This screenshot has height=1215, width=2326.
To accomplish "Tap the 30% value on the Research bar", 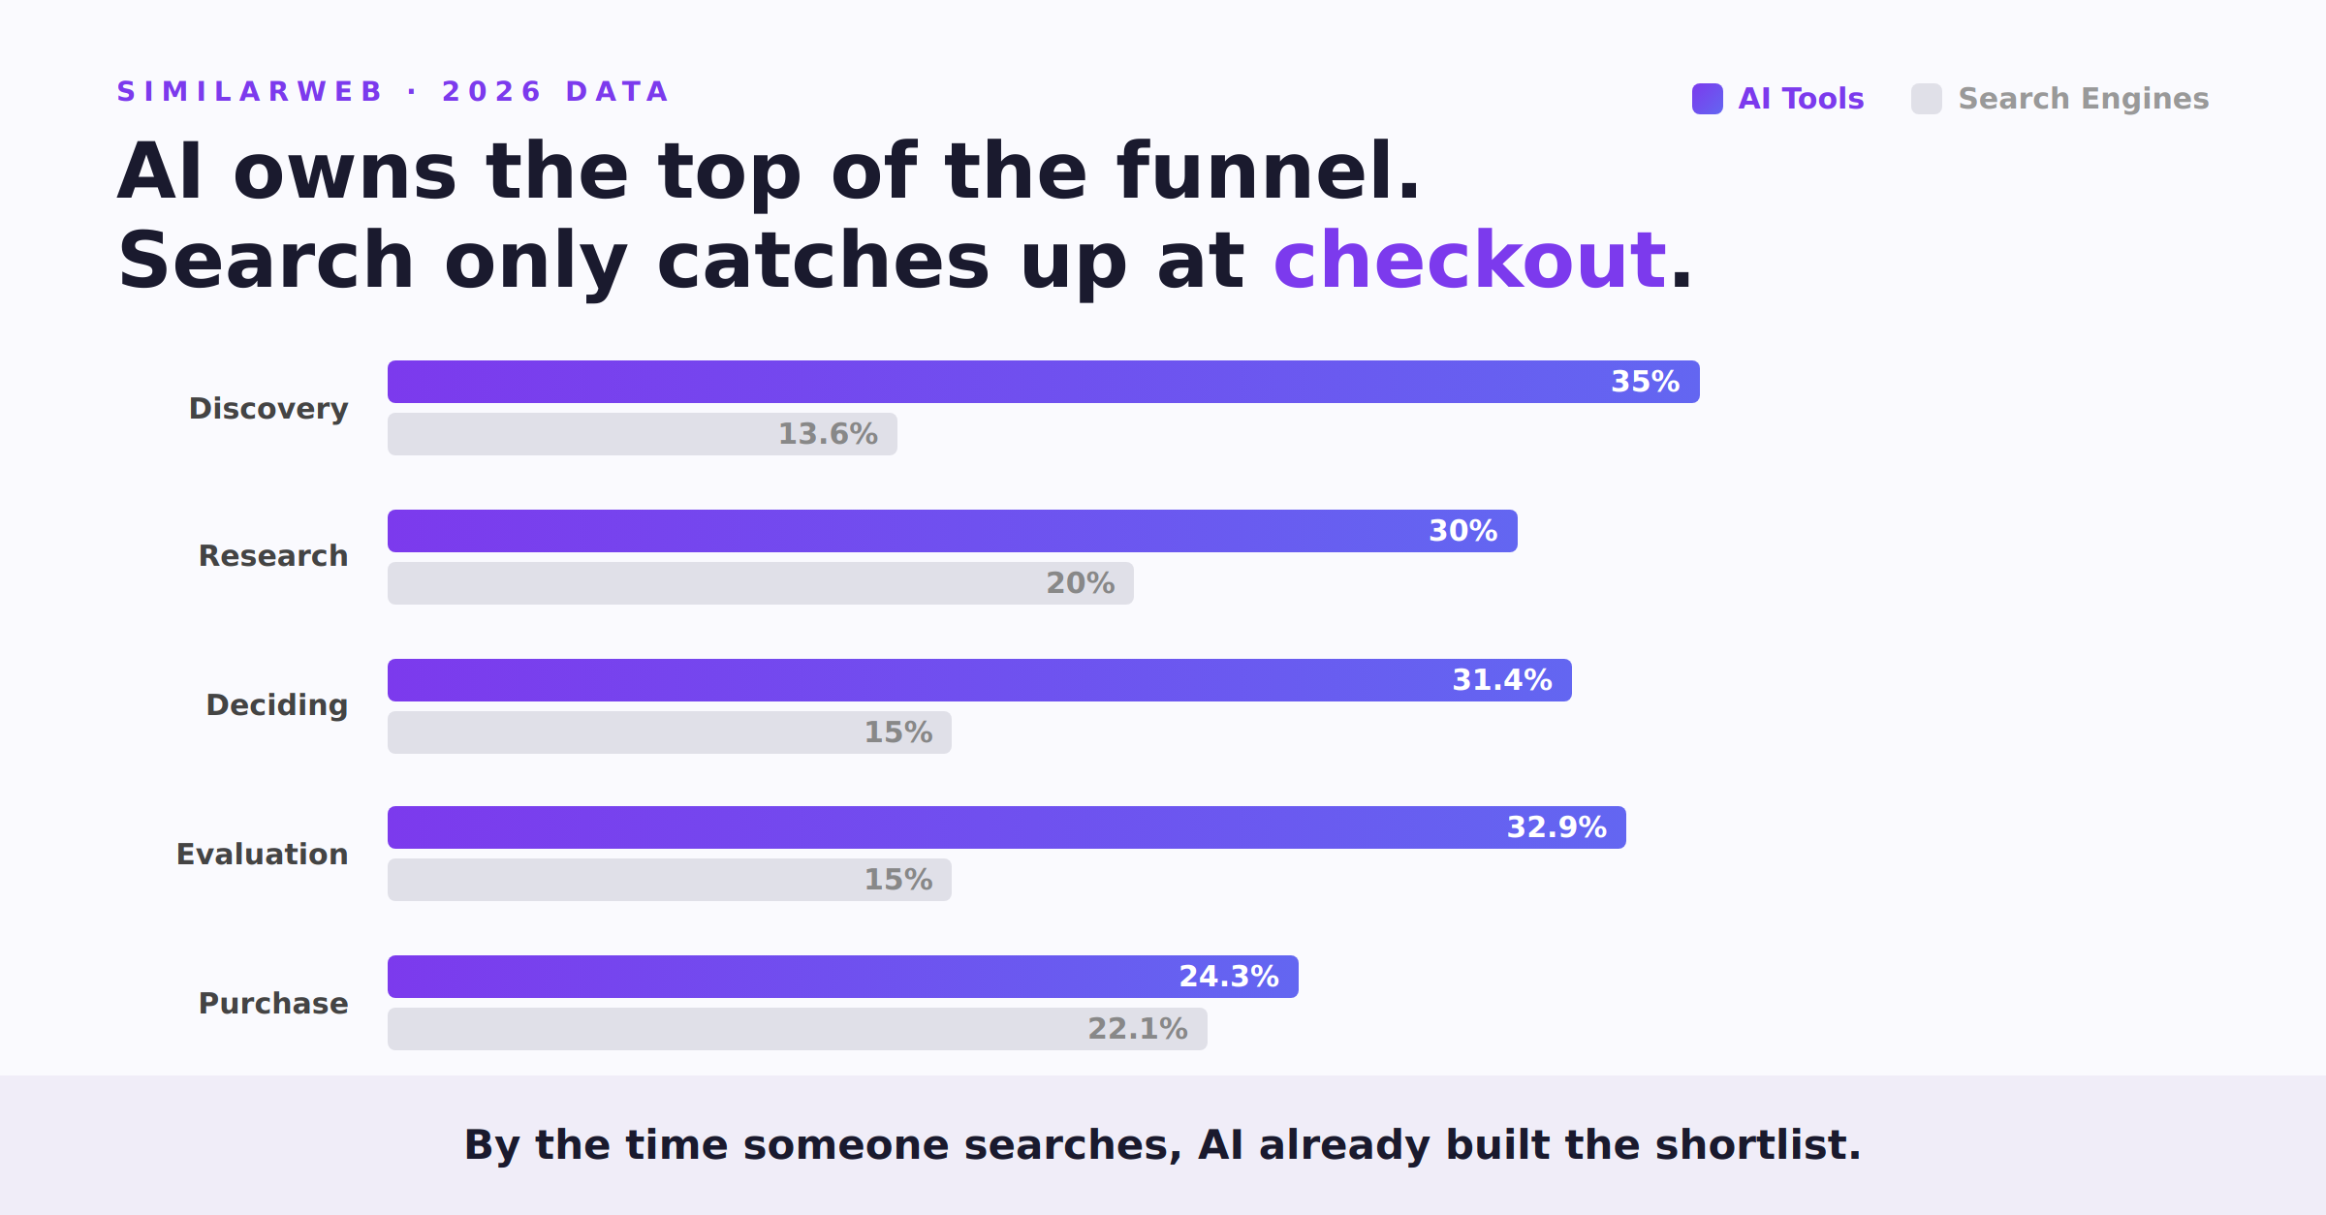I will pyautogui.click(x=1462, y=531).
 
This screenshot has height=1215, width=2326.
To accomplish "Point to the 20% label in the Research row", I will pyautogui.click(x=1080, y=583).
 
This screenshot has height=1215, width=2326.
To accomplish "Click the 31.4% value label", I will pyautogui.click(x=1501, y=680).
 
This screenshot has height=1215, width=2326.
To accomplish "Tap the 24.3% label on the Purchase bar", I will pyautogui.click(x=1228, y=977).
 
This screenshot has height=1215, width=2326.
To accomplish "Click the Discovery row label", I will pyautogui.click(x=268, y=409).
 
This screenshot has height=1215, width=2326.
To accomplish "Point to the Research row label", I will pyautogui.click(x=273, y=556).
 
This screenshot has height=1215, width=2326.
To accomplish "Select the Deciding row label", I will pyautogui.click(x=277, y=705).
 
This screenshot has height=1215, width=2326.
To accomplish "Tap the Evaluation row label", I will pyautogui.click(x=262, y=855).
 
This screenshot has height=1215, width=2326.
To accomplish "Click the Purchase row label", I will pyautogui.click(x=273, y=1004).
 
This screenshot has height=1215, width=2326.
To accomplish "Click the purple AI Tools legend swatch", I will pyautogui.click(x=1707, y=99).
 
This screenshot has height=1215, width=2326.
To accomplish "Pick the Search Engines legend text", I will pyautogui.click(x=2083, y=99).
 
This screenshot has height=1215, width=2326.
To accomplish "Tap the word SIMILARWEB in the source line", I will pyautogui.click(x=250, y=92).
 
